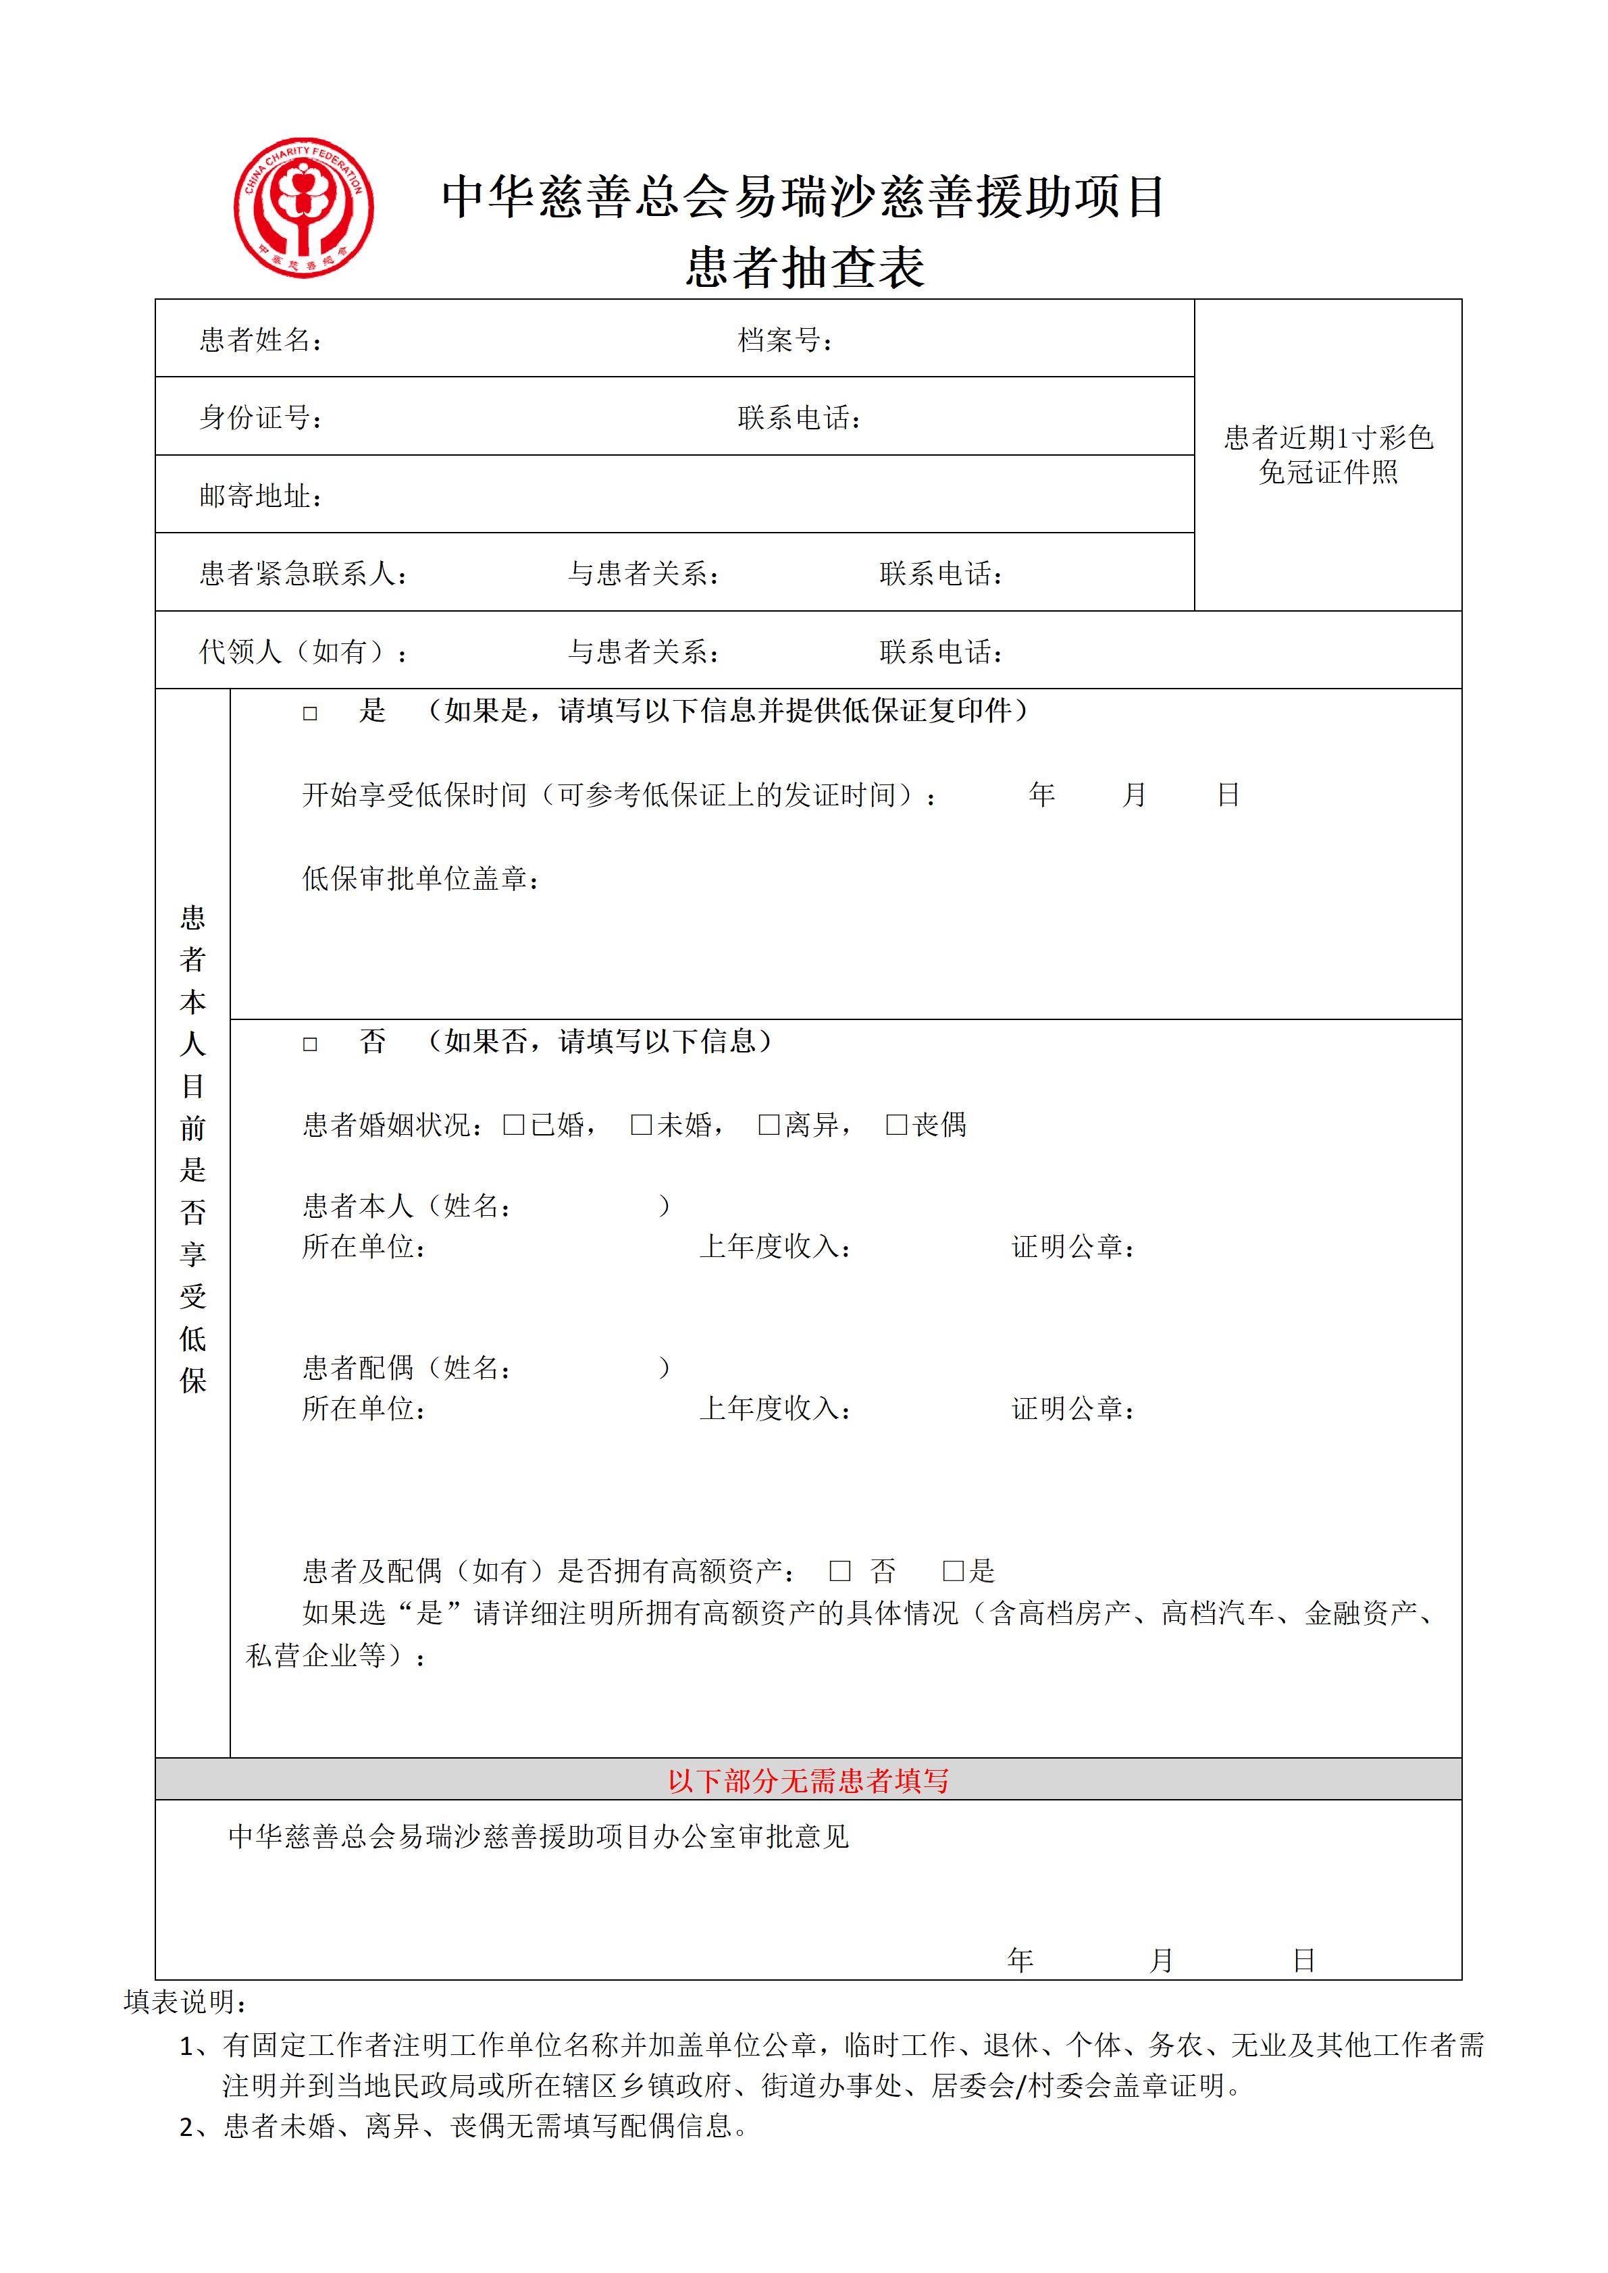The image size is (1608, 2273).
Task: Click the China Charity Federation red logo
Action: [304, 208]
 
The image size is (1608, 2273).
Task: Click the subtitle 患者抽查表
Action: [805, 267]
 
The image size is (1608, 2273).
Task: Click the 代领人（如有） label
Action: [302, 651]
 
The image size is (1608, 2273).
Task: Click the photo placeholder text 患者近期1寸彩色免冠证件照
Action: [1328, 454]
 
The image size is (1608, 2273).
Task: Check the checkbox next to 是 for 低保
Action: [310, 713]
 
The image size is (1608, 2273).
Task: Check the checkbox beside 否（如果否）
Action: [310, 1044]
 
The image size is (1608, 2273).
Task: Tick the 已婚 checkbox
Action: [513, 1125]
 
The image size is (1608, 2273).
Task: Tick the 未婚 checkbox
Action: [641, 1125]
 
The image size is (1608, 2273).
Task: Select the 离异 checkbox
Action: [769, 1125]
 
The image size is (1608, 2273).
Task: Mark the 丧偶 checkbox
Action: [896, 1125]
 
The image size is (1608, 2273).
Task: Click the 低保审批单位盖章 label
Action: [421, 878]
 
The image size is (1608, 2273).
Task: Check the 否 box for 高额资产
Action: [839, 1570]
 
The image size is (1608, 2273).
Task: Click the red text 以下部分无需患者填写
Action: [808, 1781]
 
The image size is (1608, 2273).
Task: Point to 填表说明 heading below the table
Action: [185, 2002]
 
